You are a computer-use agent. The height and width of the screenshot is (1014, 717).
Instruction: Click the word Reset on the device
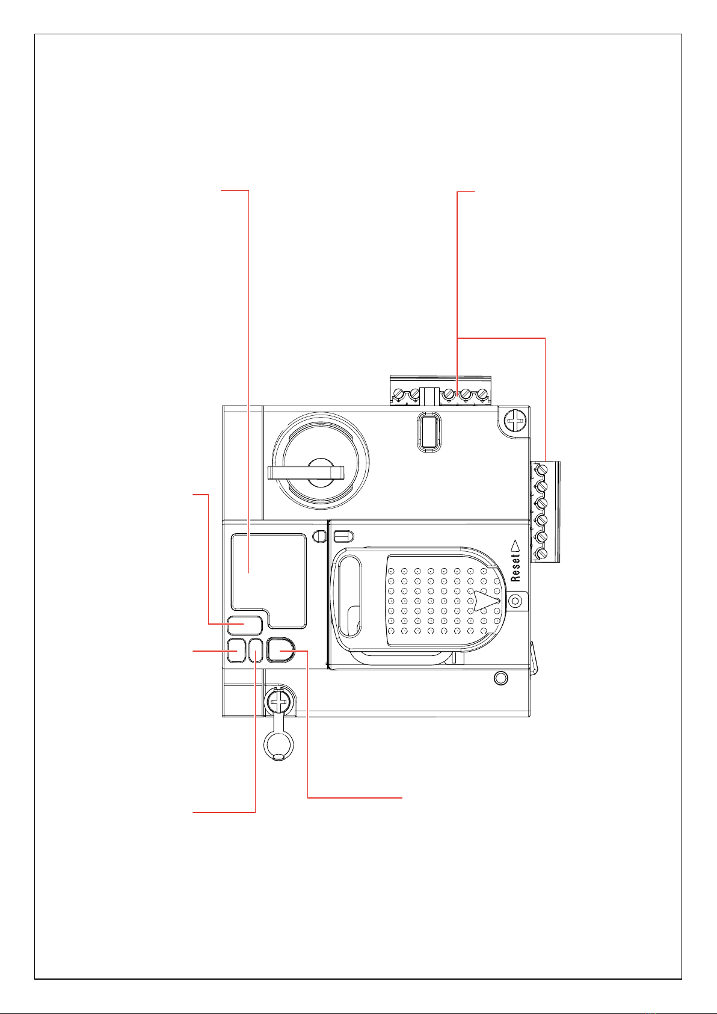[x=515, y=567]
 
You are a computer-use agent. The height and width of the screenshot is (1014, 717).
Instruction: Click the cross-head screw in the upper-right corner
[x=515, y=422]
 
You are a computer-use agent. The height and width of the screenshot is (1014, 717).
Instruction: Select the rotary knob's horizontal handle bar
[x=306, y=472]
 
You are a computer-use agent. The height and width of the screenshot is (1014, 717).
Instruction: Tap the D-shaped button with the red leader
[x=280, y=651]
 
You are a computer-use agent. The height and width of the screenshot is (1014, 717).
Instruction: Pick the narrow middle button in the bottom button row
[x=256, y=651]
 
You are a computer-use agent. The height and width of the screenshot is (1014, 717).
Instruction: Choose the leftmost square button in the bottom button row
[x=236, y=651]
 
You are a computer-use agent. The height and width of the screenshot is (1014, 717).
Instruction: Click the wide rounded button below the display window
[x=245, y=625]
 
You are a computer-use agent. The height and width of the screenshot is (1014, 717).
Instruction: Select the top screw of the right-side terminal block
[x=541, y=470]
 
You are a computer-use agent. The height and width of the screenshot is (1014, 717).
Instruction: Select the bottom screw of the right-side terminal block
[x=541, y=554]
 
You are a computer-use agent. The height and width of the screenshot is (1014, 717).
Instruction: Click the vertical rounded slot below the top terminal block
[x=428, y=432]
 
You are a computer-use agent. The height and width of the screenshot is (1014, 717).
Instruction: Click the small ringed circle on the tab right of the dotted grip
[x=515, y=601]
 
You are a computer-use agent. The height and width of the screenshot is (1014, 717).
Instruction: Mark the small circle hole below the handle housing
[x=501, y=678]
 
